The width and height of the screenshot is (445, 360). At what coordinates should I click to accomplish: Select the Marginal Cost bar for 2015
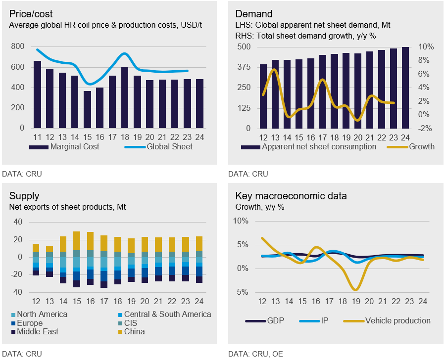click(x=87, y=109)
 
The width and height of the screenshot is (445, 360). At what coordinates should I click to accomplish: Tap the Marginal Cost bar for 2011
click(x=37, y=94)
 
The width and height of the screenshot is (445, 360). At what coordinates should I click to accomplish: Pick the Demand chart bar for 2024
click(x=405, y=88)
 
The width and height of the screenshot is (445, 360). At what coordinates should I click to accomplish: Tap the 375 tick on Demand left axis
click(x=245, y=67)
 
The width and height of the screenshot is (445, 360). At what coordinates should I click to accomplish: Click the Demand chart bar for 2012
click(x=263, y=96)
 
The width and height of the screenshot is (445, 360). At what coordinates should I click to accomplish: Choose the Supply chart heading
click(x=24, y=196)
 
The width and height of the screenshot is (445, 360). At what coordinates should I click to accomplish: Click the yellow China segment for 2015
click(x=77, y=241)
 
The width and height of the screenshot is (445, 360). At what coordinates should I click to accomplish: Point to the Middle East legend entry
click(x=37, y=331)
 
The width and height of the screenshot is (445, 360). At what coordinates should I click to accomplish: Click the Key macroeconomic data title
click(x=291, y=196)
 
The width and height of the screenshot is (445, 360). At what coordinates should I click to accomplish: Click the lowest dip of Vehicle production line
click(x=355, y=289)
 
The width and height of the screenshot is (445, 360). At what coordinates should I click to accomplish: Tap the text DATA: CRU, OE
click(x=255, y=354)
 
